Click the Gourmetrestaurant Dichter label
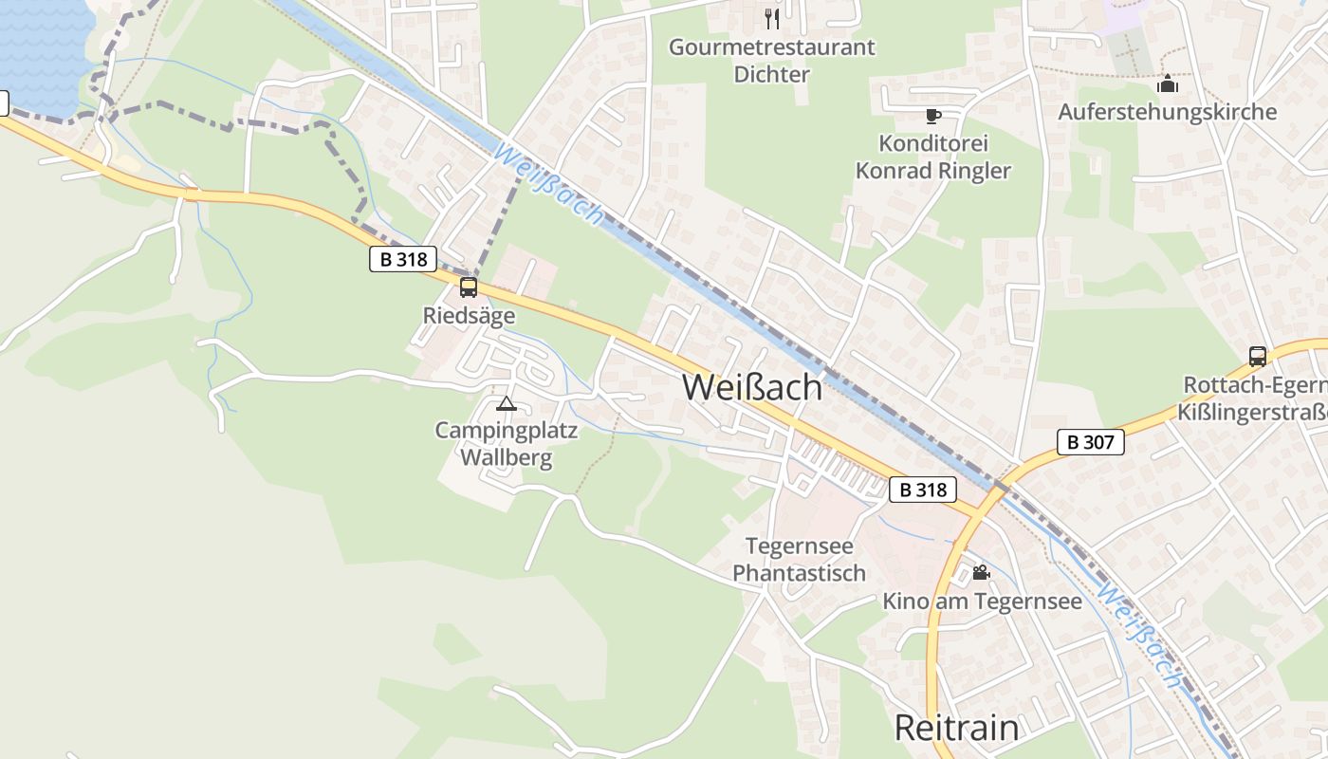[771, 61]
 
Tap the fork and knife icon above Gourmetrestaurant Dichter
[772, 18]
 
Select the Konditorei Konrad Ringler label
[933, 157]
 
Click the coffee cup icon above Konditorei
[932, 116]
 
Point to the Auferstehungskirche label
[1167, 112]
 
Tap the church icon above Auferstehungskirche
[1168, 84]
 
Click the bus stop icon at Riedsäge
[469, 287]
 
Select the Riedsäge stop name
[469, 315]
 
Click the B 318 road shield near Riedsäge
[403, 259]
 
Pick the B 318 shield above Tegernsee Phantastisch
[923, 490]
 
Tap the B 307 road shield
[1091, 441]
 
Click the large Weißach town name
[752, 387]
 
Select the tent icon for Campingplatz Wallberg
[507, 404]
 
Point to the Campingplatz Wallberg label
[507, 444]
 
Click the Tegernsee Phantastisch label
[800, 560]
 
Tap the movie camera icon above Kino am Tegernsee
[981, 573]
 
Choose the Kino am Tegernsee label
[982, 602]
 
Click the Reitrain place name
[957, 728]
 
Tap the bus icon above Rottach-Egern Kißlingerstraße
[1258, 357]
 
